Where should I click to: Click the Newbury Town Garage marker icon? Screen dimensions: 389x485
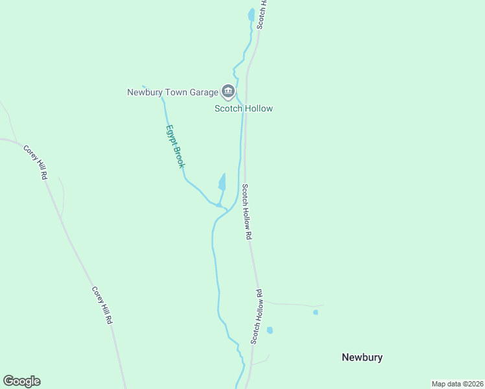[x=228, y=91]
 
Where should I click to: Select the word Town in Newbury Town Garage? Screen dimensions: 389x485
[x=167, y=92]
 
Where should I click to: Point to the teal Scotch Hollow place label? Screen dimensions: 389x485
[x=244, y=109]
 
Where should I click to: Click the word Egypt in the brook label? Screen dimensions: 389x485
[x=171, y=134]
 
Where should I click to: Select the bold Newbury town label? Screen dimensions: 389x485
[x=362, y=357]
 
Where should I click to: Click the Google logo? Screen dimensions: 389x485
[x=21, y=381]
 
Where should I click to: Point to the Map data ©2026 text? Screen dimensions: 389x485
[x=457, y=384]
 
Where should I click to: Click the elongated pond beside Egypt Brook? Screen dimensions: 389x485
[x=222, y=182]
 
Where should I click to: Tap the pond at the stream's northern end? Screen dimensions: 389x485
[x=251, y=14]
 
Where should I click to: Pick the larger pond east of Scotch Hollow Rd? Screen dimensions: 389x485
[x=270, y=331]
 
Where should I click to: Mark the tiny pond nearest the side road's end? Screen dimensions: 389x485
[x=316, y=312]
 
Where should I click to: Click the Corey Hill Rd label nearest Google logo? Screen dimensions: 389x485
[x=102, y=305]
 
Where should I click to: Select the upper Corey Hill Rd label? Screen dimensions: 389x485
[x=36, y=162]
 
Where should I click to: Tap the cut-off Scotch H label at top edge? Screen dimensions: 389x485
[x=261, y=13]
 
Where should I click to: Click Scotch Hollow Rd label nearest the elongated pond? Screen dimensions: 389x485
[x=246, y=213]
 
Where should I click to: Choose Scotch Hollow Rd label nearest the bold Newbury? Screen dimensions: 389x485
[x=257, y=316]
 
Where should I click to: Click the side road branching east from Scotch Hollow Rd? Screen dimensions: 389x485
[x=292, y=304]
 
